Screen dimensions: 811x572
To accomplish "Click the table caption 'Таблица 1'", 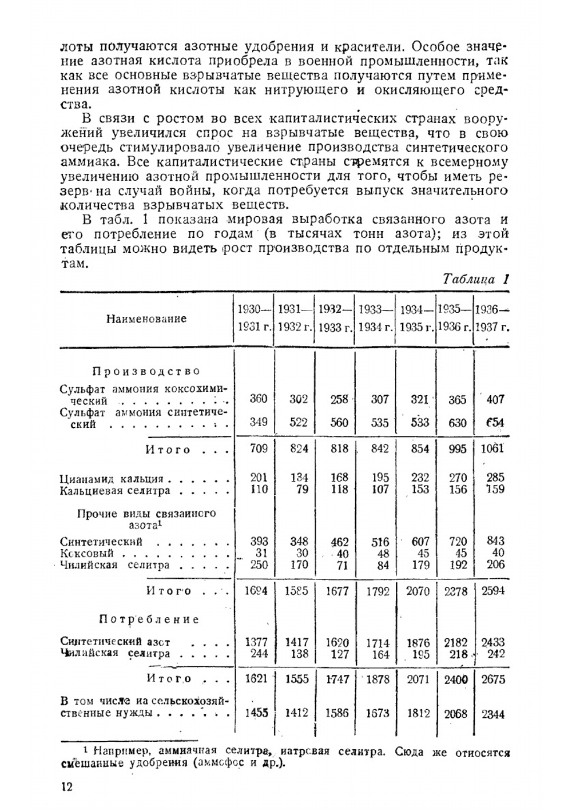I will (x=476, y=280).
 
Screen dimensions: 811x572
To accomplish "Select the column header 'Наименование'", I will (x=146, y=319).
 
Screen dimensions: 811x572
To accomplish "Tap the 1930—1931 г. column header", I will (x=253, y=319).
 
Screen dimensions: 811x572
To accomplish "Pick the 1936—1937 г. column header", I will (x=493, y=319).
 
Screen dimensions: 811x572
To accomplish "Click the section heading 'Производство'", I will (x=146, y=371).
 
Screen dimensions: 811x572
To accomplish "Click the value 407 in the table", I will (x=495, y=399).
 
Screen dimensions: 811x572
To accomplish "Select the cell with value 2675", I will (x=494, y=679).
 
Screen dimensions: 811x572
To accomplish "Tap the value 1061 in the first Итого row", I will (x=492, y=448).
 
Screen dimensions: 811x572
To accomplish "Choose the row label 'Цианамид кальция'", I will (x=112, y=479).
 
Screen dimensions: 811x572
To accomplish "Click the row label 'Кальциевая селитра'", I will (x=115, y=491).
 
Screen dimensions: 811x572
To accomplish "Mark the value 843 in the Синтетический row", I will (x=494, y=541).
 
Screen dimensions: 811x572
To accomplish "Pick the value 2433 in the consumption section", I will (x=493, y=642).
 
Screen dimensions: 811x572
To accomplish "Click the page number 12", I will (x=66, y=787).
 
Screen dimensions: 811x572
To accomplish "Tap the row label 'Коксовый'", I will (x=87, y=554).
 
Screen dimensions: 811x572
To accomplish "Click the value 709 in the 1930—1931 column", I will (x=259, y=448).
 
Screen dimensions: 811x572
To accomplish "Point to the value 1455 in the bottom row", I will (x=256, y=713).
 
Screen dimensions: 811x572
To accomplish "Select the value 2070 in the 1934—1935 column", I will (x=418, y=591).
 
